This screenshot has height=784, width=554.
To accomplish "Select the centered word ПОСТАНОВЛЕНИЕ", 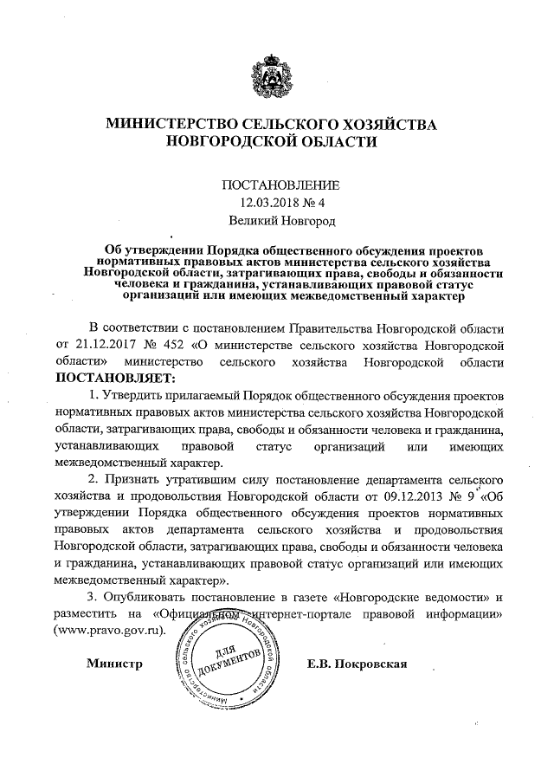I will coord(276,185).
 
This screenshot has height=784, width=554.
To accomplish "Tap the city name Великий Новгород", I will coord(276,223).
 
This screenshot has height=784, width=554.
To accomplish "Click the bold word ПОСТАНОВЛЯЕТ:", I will coord(115,378).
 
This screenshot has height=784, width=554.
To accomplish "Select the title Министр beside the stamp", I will coord(113,665).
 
